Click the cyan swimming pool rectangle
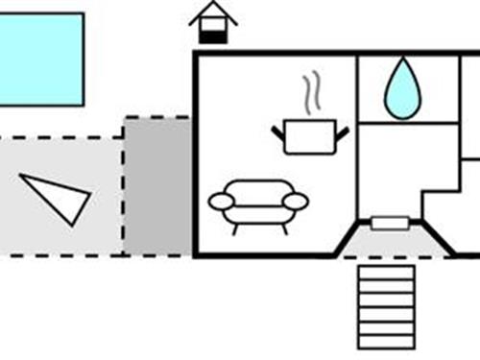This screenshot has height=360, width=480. [40, 59]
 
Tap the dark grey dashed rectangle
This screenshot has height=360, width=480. [156, 186]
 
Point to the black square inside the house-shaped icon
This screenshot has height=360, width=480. [213, 36]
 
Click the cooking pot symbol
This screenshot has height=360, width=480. [309, 134]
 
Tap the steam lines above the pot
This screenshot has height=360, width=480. [310, 96]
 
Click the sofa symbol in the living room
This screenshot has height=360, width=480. [258, 204]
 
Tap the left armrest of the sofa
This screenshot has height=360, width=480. [222, 202]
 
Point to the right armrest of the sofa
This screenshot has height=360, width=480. [296, 202]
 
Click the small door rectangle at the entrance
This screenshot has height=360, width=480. [390, 224]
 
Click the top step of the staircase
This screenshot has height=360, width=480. [386, 272]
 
